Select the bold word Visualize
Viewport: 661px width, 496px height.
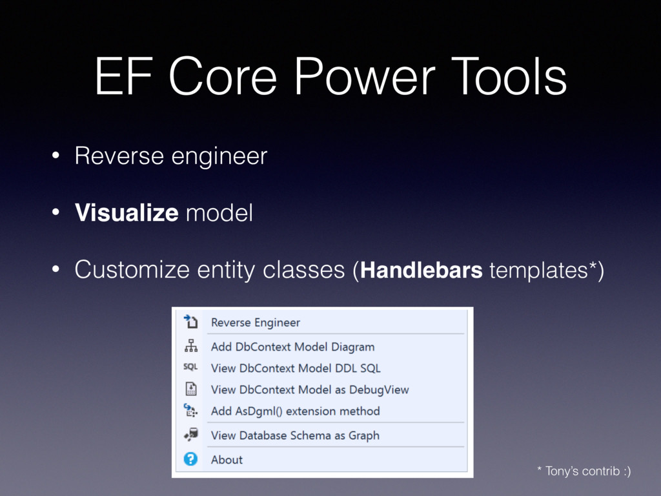pos(127,212)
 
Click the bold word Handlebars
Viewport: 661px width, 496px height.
pos(422,270)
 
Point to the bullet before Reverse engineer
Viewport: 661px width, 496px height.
pos(56,156)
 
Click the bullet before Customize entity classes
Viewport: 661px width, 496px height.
pos(56,270)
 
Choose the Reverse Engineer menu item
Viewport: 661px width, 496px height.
pos(255,322)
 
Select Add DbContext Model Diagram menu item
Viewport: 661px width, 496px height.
pos(292,347)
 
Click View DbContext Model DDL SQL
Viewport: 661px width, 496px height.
pos(296,368)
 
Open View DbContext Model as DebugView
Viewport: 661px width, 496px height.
pos(310,389)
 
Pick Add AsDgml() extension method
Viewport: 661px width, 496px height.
pos(295,411)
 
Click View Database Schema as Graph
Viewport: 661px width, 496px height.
pos(295,435)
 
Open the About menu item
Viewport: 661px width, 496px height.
pos(227,460)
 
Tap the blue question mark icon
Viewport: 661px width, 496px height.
pos(190,459)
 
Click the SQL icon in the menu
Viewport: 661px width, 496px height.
pos(190,367)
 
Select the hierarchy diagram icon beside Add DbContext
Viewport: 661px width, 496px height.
pos(190,346)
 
